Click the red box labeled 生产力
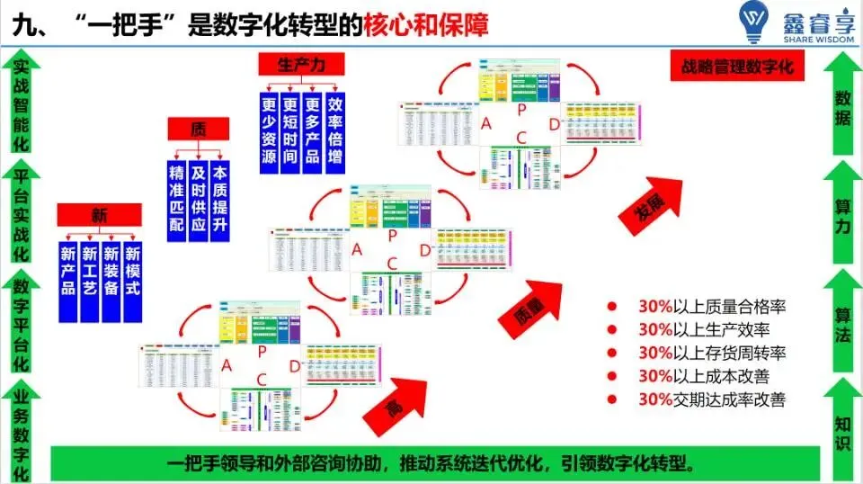pyautogui.click(x=300, y=65)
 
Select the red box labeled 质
pyautogui.click(x=199, y=129)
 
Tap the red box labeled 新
pyautogui.click(x=99, y=214)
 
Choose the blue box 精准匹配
pyautogui.click(x=177, y=199)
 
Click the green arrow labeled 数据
pyautogui.click(x=841, y=103)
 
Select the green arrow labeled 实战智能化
pyautogui.click(x=21, y=103)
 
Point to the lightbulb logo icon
pyautogui.click(x=752, y=23)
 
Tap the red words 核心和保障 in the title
pyautogui.click(x=427, y=24)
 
